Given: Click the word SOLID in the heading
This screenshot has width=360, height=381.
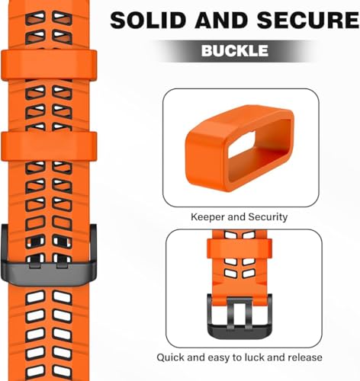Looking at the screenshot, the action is pos(148,20).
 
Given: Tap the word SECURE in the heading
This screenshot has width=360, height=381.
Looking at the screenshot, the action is pos(308,20).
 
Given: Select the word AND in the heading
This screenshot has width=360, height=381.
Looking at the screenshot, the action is pos(221,20).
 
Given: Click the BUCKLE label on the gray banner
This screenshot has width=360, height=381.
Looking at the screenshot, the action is pos(235,50).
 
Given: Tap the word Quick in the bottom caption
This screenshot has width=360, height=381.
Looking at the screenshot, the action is pos(170,357).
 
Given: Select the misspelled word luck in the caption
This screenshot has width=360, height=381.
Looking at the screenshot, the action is pos(254,357).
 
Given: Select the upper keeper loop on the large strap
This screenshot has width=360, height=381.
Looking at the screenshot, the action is pos(49,66).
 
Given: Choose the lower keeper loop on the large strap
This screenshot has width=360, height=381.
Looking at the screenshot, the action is pos(49,146).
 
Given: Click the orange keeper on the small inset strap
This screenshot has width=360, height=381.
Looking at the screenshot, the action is pos(239,248).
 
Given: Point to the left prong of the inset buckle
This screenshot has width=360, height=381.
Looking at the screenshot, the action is pos(230,314).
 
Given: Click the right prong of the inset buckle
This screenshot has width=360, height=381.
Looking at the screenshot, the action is pos(249,315).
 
